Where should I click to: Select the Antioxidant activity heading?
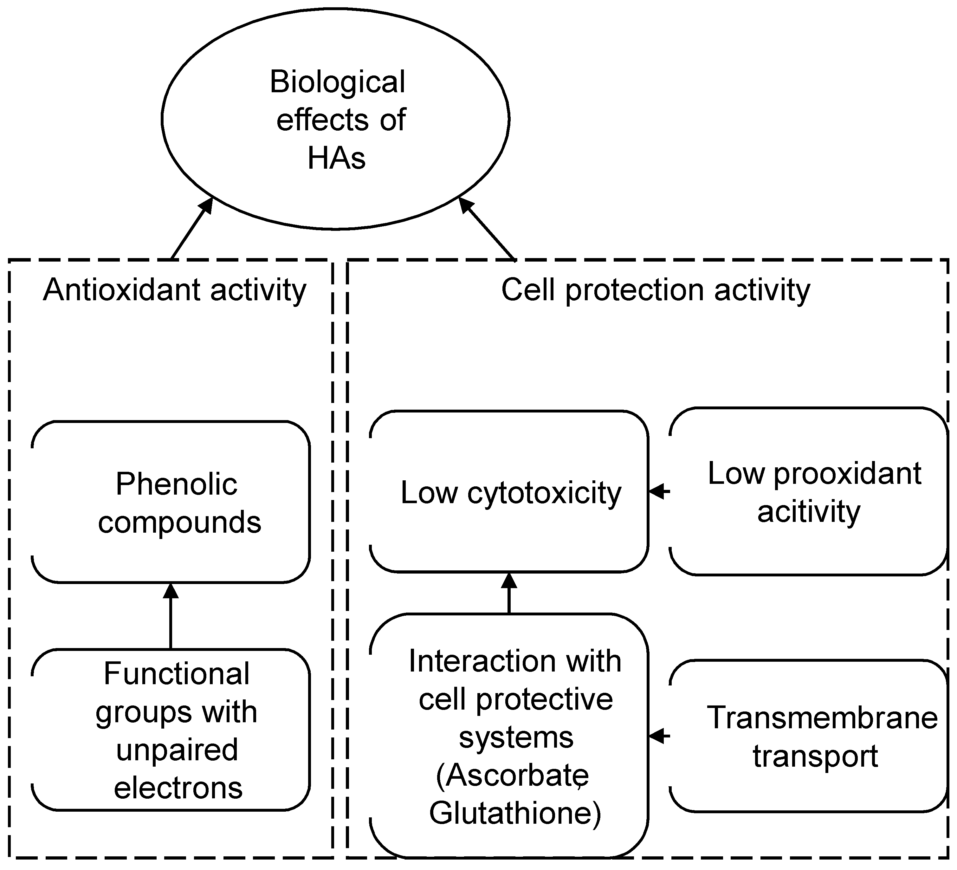point(175,290)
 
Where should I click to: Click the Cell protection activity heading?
point(656,290)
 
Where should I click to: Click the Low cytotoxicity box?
point(509,492)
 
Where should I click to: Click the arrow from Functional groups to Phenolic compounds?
point(171,616)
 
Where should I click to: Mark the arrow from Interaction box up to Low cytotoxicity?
point(509,594)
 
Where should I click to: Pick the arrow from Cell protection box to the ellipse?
point(487,229)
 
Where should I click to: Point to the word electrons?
point(178,788)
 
